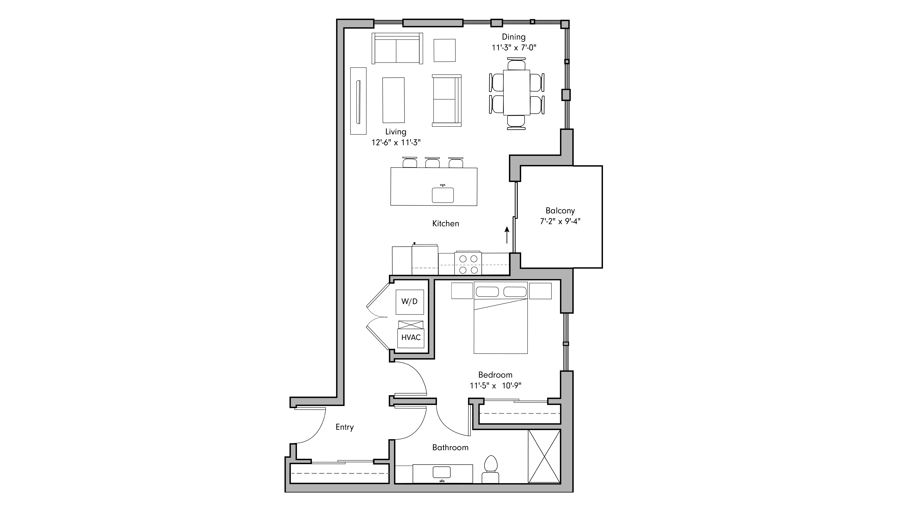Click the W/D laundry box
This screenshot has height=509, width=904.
pos(410,302)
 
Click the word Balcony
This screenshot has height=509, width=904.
pos(560,211)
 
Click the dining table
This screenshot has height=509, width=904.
pos(517,92)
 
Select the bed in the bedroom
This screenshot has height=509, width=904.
pos(500,323)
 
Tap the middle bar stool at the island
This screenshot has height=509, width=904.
pos(432,163)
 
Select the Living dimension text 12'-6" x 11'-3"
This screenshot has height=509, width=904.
pos(396,143)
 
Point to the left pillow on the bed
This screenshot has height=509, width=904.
pos(487,292)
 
